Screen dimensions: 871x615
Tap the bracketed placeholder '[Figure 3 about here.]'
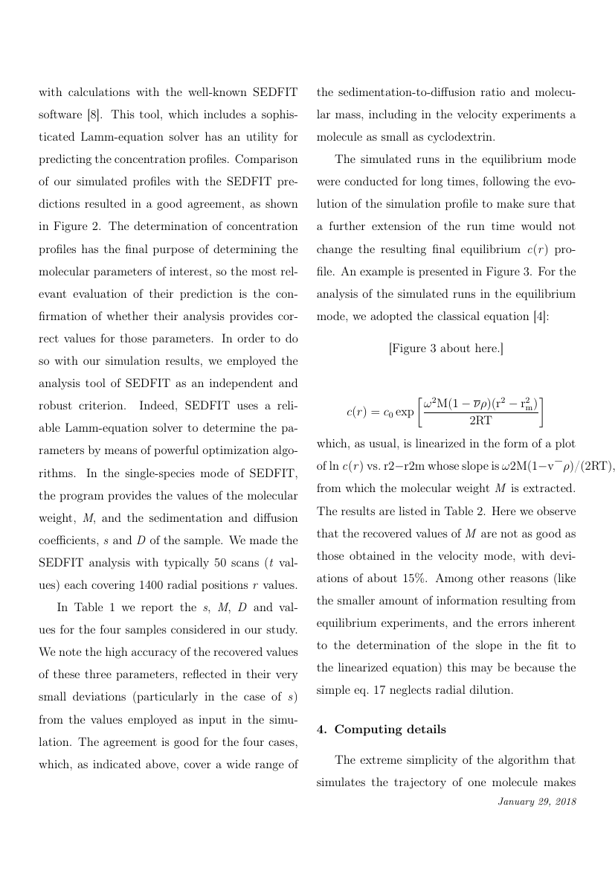(x=446, y=348)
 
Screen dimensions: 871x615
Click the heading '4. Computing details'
(x=381, y=730)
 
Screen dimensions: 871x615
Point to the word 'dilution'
(x=487, y=689)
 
